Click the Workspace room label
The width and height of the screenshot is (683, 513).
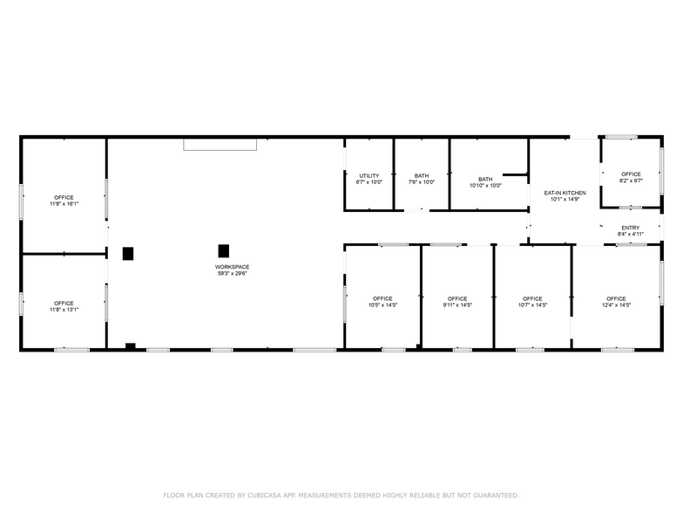[232, 267]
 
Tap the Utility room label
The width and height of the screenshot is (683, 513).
[369, 176]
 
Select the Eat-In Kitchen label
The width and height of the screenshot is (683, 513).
[565, 193]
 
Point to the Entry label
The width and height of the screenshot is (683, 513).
[630, 228]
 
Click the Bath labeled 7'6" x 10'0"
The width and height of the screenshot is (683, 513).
[422, 176]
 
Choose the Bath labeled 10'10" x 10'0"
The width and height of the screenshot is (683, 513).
[485, 179]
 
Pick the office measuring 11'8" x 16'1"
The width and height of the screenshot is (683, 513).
[64, 197]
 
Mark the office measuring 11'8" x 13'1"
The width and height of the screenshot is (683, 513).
[64, 304]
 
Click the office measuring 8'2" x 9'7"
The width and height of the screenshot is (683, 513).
[631, 174]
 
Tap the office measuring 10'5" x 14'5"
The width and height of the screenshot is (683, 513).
[382, 299]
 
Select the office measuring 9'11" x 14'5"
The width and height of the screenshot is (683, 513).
[457, 299]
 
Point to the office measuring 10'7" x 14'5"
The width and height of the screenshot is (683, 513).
[532, 299]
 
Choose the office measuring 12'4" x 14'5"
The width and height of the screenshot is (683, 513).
[616, 299]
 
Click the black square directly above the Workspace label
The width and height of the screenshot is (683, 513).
[224, 250]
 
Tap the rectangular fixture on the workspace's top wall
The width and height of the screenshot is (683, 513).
[220, 144]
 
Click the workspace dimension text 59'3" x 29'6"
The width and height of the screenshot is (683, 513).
[232, 273]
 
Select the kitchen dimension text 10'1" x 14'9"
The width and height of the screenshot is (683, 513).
[565, 199]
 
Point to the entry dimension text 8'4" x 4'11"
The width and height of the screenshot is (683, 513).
[630, 234]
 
